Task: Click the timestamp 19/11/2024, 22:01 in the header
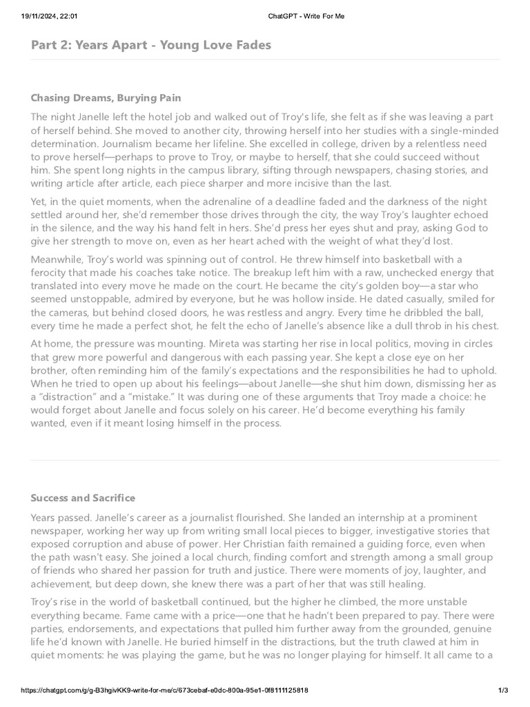[x=42, y=16]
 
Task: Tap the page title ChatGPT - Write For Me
[x=307, y=16]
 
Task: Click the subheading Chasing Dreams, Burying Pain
[x=106, y=97]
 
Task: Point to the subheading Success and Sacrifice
[x=83, y=498]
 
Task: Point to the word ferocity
[x=56, y=273]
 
